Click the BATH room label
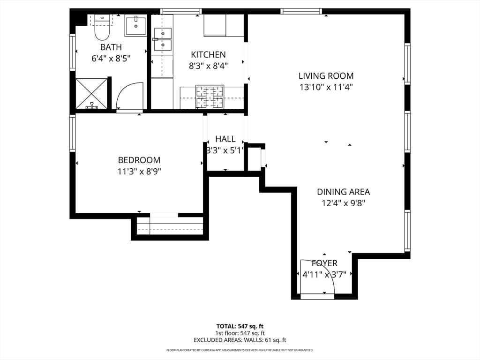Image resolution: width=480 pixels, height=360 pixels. pos(111,47)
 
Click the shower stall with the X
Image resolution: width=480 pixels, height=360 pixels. pos(91,94)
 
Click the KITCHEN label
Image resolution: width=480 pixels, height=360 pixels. pos(208,54)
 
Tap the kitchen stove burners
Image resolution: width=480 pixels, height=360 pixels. pos(210,97)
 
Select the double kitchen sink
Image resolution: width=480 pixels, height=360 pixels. pos(163,39)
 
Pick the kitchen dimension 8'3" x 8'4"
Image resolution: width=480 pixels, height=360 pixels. pos(208,66)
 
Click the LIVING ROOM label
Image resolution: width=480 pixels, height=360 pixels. pos(326,75)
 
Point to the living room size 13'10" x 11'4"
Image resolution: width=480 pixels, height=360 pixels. pos(326,87)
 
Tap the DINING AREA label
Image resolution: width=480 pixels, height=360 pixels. pos(343,192)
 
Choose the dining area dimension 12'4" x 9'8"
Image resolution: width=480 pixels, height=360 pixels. pos(343,203)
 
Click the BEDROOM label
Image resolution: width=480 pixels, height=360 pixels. pos(139,160)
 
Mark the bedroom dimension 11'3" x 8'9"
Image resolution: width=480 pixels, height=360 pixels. pos(139,172)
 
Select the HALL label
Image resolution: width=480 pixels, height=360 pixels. pos(225,139)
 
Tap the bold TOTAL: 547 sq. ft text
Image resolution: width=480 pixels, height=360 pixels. pos(240,326)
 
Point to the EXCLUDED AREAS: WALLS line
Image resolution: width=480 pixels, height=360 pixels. pos(240,340)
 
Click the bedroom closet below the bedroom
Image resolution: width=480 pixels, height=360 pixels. pos(170,226)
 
